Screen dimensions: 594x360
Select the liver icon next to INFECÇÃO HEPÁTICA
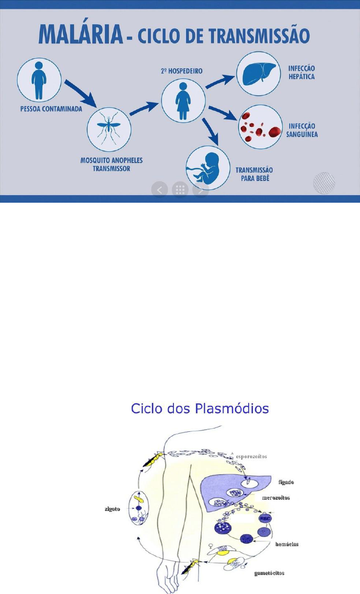258,75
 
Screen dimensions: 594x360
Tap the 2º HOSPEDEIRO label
181,70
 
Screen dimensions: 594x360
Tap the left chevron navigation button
159,190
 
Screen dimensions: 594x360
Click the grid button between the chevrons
180,190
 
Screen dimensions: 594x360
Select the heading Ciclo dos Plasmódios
200,408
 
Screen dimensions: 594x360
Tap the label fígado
286,482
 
